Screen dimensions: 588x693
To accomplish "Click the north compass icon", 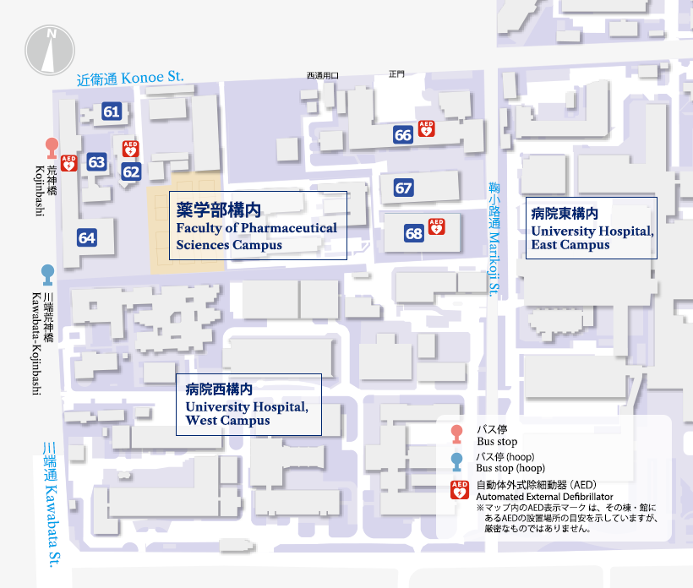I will coord(52,49).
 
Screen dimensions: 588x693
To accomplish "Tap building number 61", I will coord(112,111).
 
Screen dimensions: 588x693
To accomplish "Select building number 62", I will coord(131,171).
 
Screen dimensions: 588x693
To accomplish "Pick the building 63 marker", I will coord(96,162).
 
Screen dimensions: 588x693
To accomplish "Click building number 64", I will coord(87,237).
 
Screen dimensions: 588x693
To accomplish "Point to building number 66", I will coord(403,134).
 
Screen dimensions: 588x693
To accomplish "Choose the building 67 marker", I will coord(403,188).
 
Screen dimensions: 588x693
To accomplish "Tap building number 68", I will coord(413,234).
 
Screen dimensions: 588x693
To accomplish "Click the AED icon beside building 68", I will coord(436,226).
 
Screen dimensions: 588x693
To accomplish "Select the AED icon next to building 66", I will coord(427,128).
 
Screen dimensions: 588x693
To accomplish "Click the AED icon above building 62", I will coord(130,149).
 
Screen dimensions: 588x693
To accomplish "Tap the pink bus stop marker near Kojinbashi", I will coord(51,149).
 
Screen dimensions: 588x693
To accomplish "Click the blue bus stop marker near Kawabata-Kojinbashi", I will coord(48,275).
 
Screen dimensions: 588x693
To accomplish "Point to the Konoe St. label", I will coord(130,79).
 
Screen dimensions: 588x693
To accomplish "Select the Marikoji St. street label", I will coord(494,241).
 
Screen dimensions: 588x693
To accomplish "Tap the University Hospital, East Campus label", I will coord(592,228).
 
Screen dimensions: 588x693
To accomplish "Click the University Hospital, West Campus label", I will coord(248,404).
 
